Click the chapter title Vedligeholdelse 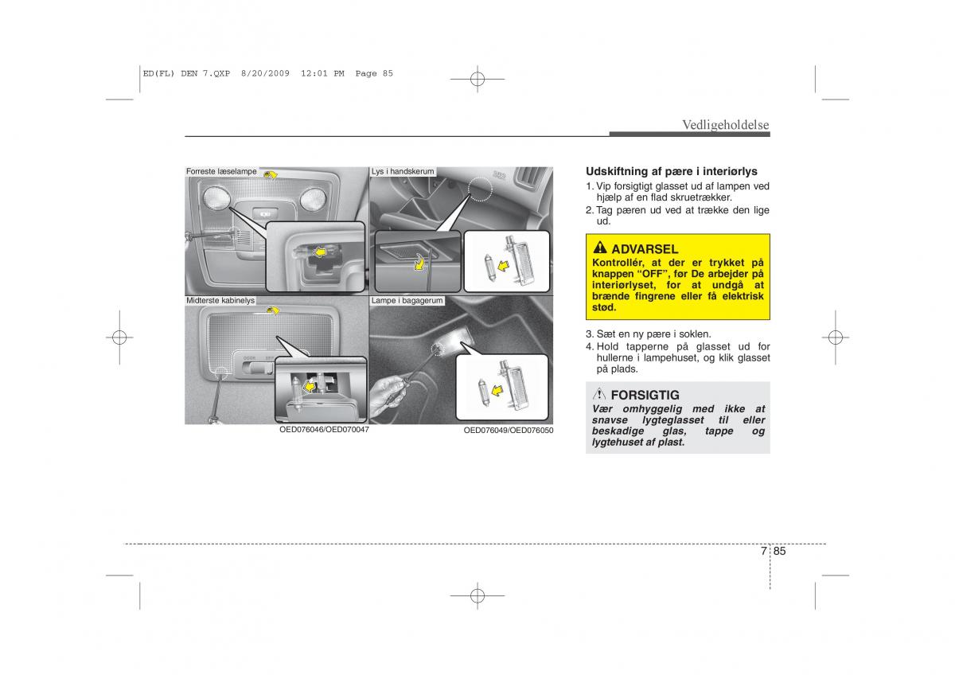(726, 124)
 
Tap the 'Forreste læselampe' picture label (221, 171)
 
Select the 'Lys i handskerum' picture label (403, 171)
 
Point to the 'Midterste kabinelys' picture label (220, 301)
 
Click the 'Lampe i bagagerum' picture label (407, 301)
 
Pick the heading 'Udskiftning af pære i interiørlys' (672, 171)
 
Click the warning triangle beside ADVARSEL (599, 248)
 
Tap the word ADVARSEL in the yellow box (645, 249)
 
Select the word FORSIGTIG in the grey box (645, 396)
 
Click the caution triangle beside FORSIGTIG (599, 394)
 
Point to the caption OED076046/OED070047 (324, 430)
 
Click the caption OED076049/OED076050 (509, 431)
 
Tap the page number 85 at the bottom (779, 551)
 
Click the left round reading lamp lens (216, 198)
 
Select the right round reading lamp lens (313, 199)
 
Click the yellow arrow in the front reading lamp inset (319, 253)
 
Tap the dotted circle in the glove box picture (480, 189)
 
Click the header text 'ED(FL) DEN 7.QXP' (186, 73)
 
